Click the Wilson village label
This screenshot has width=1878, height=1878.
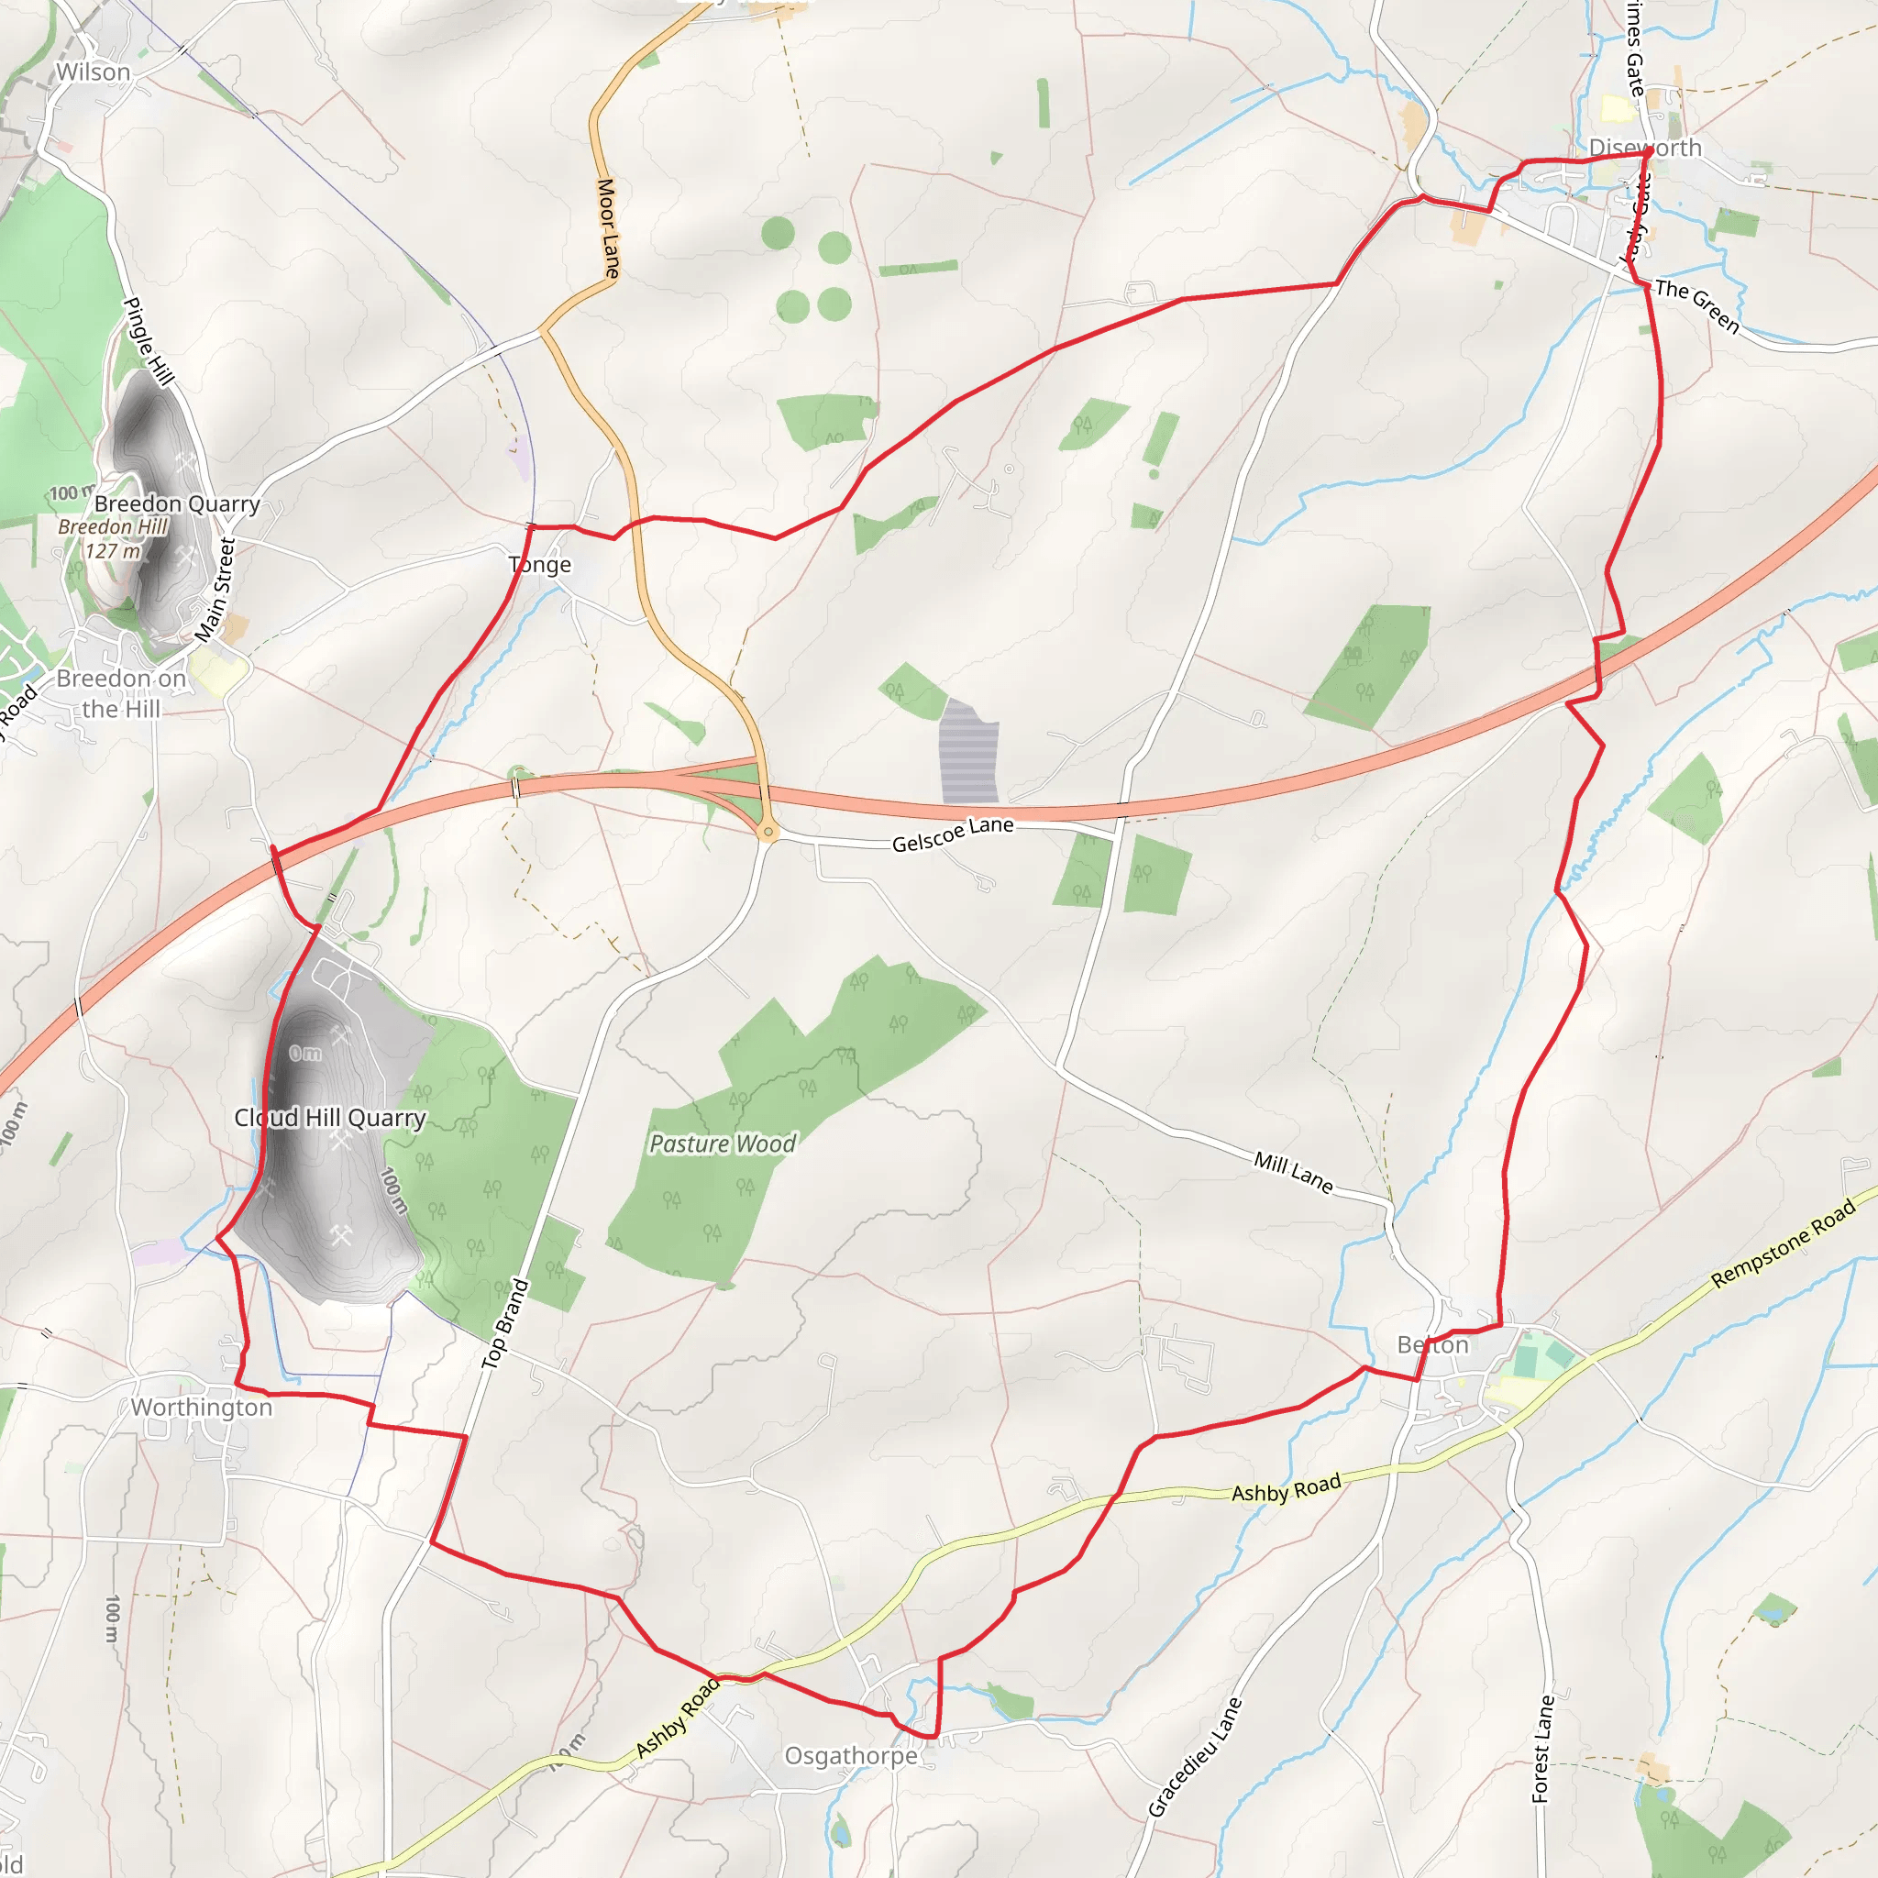pyautogui.click(x=93, y=72)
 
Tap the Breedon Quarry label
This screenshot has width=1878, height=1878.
pyautogui.click(x=177, y=503)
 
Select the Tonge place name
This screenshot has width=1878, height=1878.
pyautogui.click(x=539, y=565)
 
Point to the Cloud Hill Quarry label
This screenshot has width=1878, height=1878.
pyautogui.click(x=329, y=1118)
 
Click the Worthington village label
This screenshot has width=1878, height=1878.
pyautogui.click(x=201, y=1408)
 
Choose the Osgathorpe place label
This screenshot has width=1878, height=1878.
pyautogui.click(x=851, y=1755)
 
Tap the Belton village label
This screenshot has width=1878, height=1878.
pyautogui.click(x=1431, y=1345)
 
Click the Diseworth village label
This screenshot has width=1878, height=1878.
pyautogui.click(x=1645, y=148)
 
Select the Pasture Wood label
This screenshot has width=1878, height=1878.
pyautogui.click(x=723, y=1144)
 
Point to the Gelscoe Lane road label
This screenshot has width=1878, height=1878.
pyautogui.click(x=953, y=834)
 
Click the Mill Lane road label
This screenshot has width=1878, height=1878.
pyautogui.click(x=1293, y=1172)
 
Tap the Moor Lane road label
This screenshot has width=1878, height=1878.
pyautogui.click(x=608, y=228)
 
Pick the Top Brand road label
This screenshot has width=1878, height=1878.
pyautogui.click(x=505, y=1324)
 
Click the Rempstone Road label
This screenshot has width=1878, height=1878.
pyautogui.click(x=1784, y=1243)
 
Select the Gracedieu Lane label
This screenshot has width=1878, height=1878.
pyautogui.click(x=1195, y=1756)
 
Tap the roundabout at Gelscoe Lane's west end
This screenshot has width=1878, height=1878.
pyautogui.click(x=768, y=832)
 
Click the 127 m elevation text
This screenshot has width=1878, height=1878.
pyautogui.click(x=113, y=551)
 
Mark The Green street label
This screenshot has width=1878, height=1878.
pyautogui.click(x=1697, y=305)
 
